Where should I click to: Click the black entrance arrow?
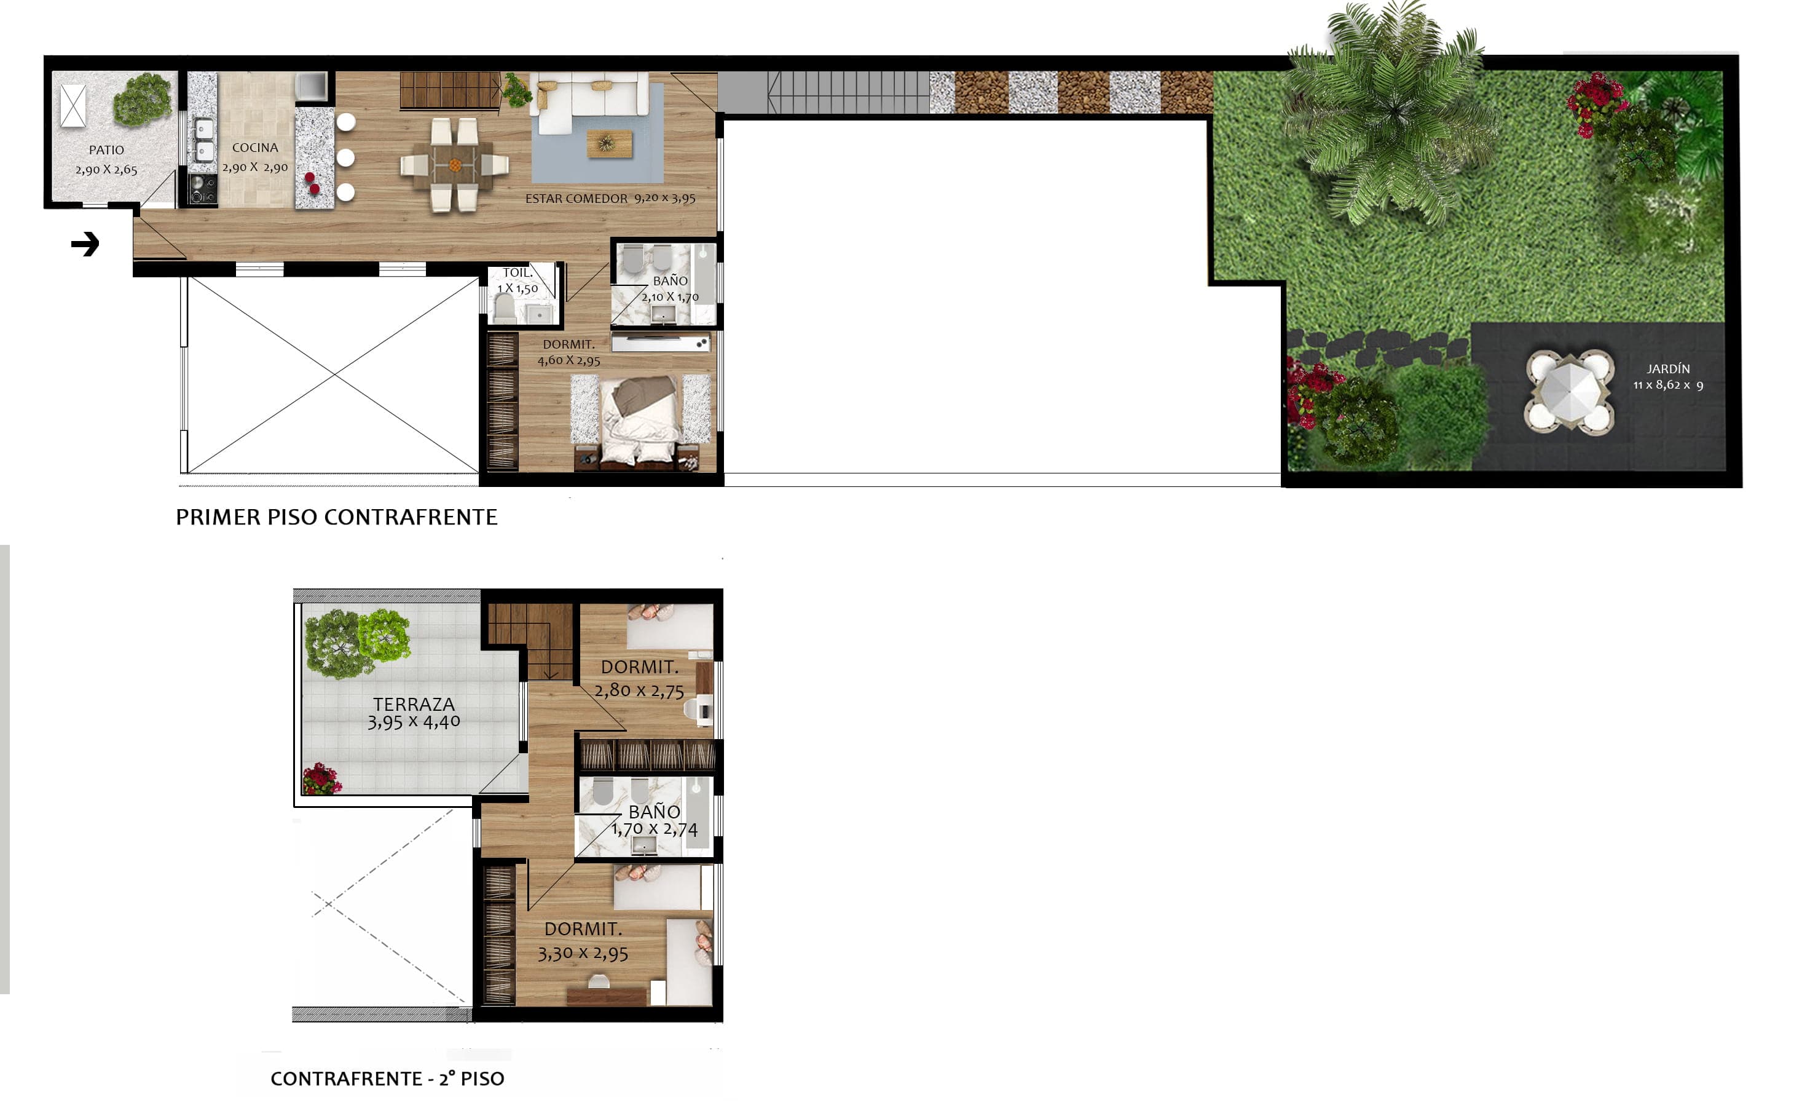[85, 244]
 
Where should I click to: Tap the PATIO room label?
[106, 150]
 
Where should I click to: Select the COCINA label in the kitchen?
[255, 148]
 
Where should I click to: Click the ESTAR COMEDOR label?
[576, 199]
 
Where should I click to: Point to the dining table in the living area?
[455, 165]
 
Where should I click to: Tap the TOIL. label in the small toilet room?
[517, 272]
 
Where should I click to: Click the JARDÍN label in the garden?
[1669, 368]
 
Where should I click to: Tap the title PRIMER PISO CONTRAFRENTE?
[336, 517]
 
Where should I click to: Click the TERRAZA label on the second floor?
[414, 704]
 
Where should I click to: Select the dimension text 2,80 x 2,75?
[639, 691]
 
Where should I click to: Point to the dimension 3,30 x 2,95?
[583, 954]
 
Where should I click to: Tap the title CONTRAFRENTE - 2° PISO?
[387, 1078]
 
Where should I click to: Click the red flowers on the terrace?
[321, 779]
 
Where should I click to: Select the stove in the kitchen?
[203, 189]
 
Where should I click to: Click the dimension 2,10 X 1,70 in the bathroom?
[671, 297]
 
